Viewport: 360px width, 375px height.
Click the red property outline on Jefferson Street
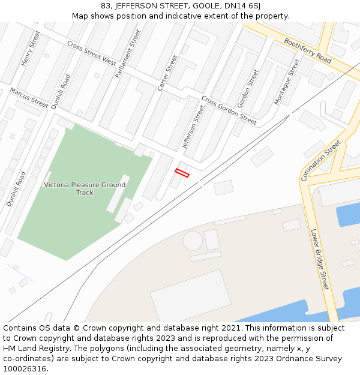(x=182, y=173)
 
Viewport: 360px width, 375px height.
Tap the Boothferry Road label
(x=308, y=51)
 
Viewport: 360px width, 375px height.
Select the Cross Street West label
(x=92, y=53)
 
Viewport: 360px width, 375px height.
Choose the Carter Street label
(x=167, y=73)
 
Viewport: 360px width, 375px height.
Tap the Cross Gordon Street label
(x=229, y=110)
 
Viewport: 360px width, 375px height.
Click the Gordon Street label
(x=248, y=89)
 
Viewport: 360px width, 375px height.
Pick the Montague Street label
(x=286, y=82)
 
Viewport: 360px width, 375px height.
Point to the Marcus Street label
(x=29, y=98)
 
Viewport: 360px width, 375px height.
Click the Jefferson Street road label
(x=193, y=127)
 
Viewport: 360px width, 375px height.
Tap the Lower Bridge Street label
(x=319, y=259)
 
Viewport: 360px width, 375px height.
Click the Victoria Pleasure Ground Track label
(x=85, y=188)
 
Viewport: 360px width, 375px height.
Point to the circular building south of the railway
(x=193, y=240)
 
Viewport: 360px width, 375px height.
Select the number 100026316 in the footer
(x=25, y=368)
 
